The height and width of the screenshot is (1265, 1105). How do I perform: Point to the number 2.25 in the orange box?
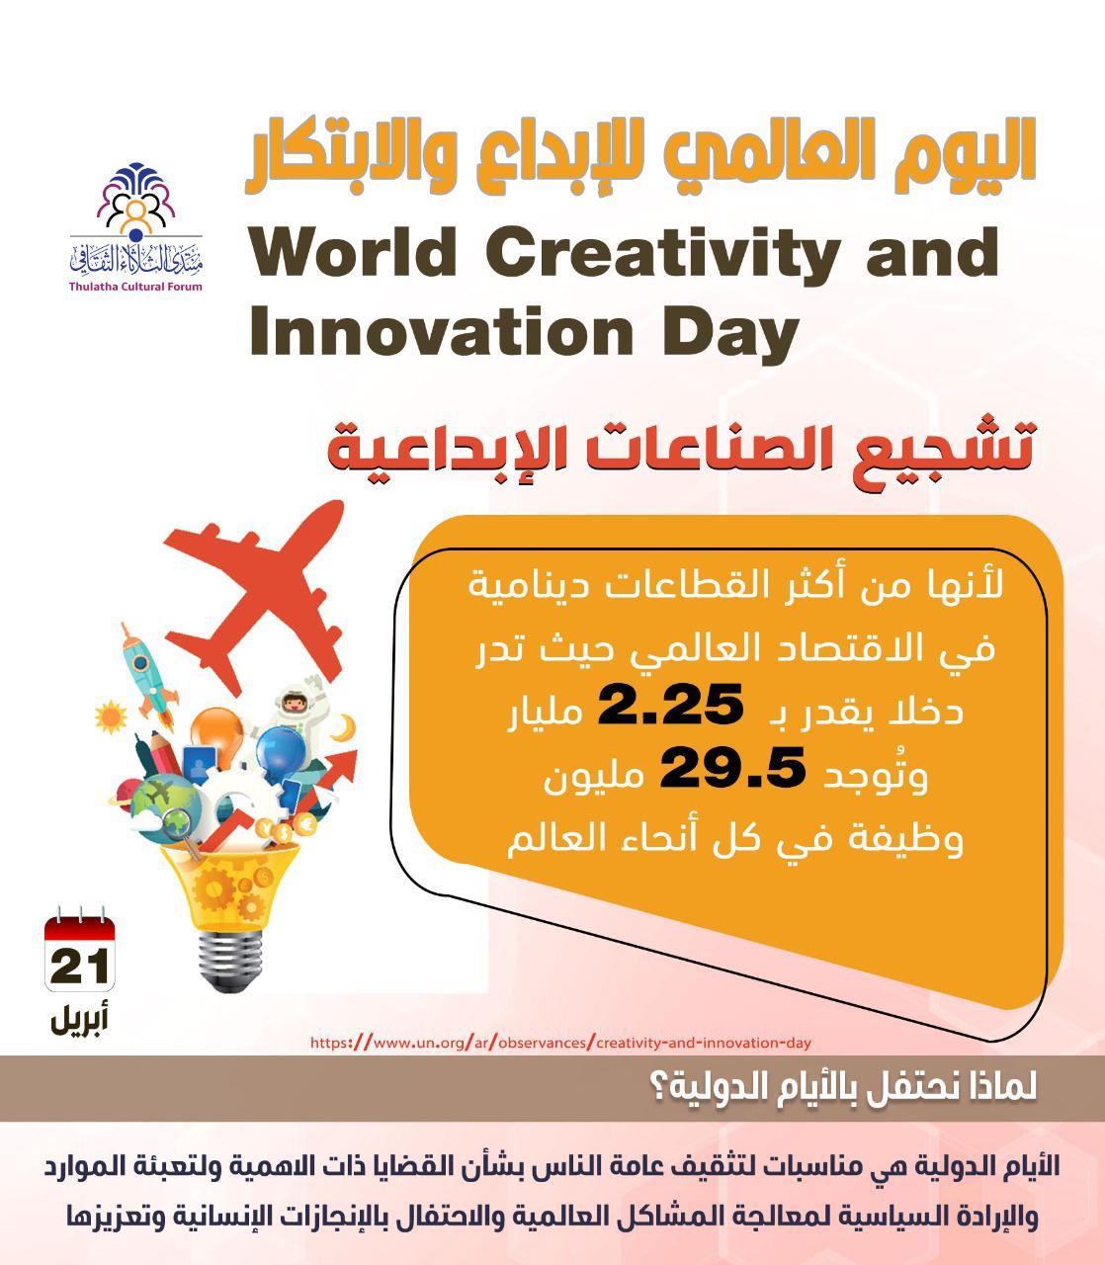coord(670,704)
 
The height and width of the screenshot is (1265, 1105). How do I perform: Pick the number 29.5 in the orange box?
coord(732,768)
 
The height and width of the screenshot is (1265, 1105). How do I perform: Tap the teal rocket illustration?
coord(147,675)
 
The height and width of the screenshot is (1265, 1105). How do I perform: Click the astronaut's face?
coord(292,704)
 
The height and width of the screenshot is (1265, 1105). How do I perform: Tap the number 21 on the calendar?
coord(80,967)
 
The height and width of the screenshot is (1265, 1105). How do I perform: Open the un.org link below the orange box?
coord(560,1043)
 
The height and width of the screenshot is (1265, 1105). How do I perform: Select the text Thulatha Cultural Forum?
coord(136,287)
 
